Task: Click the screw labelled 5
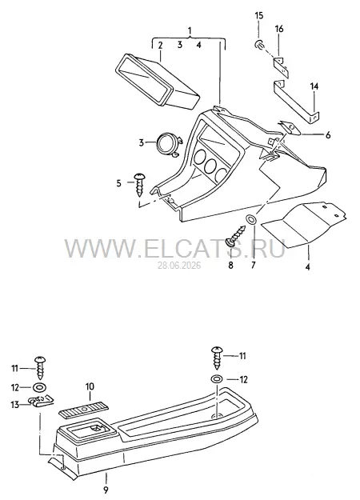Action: click(140, 184)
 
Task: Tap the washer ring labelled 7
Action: click(251, 220)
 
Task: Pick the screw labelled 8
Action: click(236, 236)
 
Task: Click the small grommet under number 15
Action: click(259, 45)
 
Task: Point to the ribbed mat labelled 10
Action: click(83, 409)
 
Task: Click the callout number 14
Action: click(314, 86)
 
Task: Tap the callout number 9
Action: click(106, 490)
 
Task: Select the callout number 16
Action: click(278, 29)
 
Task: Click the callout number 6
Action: click(327, 135)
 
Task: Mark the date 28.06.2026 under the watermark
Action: click(179, 266)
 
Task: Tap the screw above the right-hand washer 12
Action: click(217, 358)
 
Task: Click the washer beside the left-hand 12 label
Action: click(39, 388)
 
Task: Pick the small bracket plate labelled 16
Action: click(282, 67)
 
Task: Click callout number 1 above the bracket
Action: click(190, 31)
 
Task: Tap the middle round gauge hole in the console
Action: click(210, 164)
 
